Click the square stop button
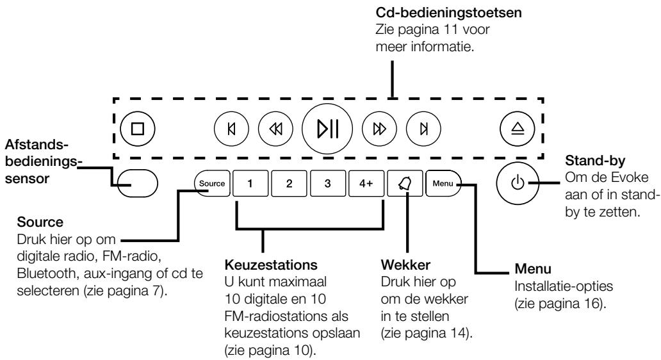(x=138, y=128)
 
